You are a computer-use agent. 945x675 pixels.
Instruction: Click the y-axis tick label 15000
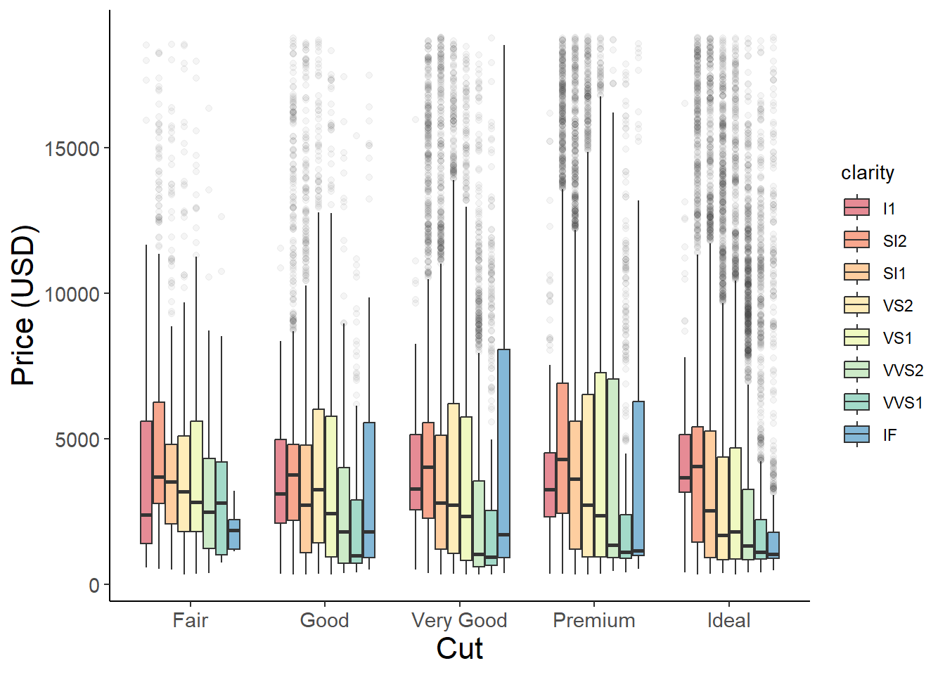coord(72,148)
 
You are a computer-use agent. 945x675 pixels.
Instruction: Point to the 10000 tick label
coord(72,294)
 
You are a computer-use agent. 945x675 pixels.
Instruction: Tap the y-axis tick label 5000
coord(77,439)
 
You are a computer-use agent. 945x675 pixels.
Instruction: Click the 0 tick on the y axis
coord(94,585)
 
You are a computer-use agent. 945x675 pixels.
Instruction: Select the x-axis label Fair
coord(190,620)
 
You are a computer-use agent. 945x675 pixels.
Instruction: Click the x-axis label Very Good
coord(459,620)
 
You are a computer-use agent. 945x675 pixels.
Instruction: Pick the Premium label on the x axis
coord(594,620)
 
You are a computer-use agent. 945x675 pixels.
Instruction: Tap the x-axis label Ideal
coord(728,620)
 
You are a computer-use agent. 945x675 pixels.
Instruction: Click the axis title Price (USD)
coord(23,305)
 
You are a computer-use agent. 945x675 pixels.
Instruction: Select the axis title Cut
coord(459,648)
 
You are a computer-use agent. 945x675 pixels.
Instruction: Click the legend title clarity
coord(868,173)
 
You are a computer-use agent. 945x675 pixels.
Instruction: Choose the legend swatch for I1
coord(856,207)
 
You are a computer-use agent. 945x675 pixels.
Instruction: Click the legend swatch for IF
coord(856,435)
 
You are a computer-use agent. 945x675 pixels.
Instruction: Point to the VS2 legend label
coord(898,306)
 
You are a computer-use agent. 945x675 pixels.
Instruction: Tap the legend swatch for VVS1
coord(856,402)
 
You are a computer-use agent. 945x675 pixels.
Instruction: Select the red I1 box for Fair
coord(146,482)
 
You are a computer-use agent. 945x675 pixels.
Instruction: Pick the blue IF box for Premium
coord(638,478)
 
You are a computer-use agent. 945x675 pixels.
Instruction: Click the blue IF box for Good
coord(369,490)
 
